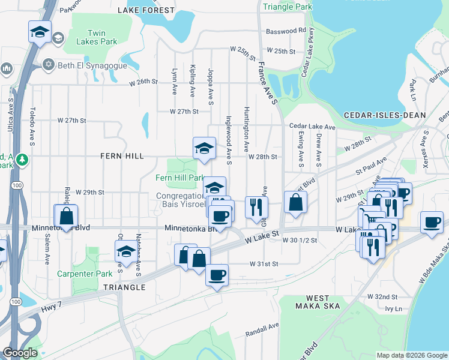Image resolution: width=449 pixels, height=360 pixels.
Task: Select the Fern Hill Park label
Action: pyautogui.click(x=180, y=178)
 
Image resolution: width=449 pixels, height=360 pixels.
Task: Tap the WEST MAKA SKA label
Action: pyautogui.click(x=317, y=302)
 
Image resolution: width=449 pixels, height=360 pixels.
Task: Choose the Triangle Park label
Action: pyautogui.click(x=287, y=6)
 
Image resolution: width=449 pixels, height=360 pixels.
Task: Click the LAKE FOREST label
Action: pyautogui.click(x=146, y=10)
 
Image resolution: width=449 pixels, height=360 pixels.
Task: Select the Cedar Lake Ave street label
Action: pyautogui.click(x=312, y=127)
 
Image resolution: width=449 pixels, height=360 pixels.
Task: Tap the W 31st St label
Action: pyautogui.click(x=264, y=263)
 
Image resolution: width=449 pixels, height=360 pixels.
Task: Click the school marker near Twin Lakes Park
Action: pyautogui.click(x=40, y=32)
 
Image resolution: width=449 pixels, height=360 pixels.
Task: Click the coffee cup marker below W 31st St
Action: pyautogui.click(x=217, y=275)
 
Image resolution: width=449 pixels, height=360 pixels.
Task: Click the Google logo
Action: pyautogui.click(x=20, y=353)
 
